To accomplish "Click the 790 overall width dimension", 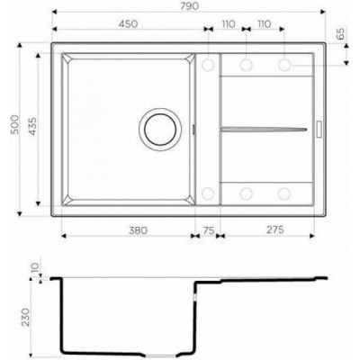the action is (190, 6).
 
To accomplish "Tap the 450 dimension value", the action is (128, 23).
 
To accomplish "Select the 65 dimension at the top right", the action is (340, 33).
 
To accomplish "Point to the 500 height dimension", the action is (15, 124).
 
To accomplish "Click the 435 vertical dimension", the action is (32, 126).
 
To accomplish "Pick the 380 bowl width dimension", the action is (139, 230).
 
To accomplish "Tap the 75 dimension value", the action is (209, 230).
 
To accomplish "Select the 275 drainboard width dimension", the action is (274, 229).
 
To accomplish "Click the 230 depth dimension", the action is (25, 317).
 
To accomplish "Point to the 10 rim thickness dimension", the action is (35, 267).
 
